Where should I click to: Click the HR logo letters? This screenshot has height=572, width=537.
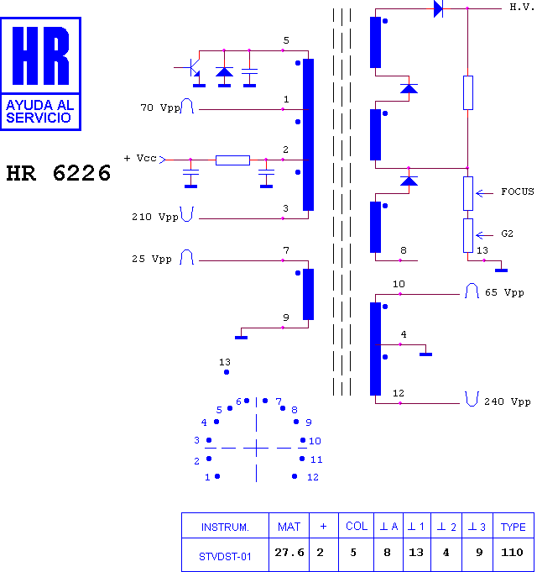pos(40,55)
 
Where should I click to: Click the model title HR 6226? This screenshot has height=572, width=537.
pos(58,173)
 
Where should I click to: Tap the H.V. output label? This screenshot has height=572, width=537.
pos(522,7)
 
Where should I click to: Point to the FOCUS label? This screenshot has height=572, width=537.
pos(518,192)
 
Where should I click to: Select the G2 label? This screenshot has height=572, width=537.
pos(507,234)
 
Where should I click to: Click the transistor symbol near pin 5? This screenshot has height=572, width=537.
pos(193,69)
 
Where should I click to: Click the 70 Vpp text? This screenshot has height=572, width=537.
pos(160,108)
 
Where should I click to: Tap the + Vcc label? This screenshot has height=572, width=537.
pos(140,158)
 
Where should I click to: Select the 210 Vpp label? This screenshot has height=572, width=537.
pos(155,217)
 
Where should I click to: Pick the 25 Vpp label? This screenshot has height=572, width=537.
pos(152,259)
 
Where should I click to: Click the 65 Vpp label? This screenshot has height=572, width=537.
pos(504,292)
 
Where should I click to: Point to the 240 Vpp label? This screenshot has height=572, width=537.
pos(507,401)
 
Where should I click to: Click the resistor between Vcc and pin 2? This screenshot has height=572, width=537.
pos(232,160)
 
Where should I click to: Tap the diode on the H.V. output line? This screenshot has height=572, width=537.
pos(438,8)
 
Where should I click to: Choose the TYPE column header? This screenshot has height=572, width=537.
pos(513,527)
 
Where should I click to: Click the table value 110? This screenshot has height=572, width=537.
pos(512,553)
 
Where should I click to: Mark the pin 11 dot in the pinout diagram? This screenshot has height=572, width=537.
pos(302,459)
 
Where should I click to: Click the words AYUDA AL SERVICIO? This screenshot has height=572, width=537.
pos(39,112)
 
